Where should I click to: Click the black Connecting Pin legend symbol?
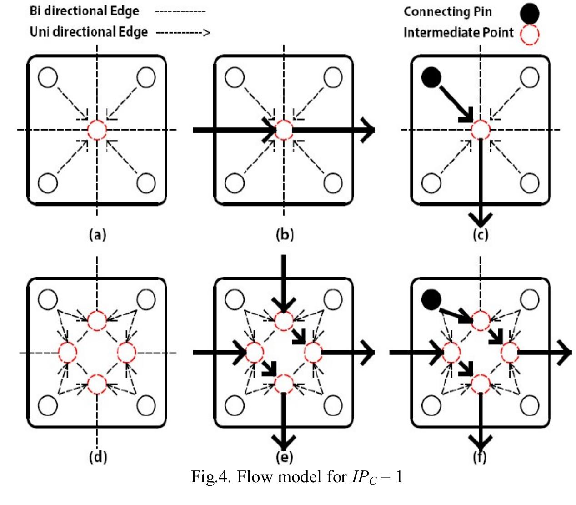(x=529, y=13)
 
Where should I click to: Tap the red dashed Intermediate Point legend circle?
(x=530, y=34)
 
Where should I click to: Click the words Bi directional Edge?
(x=84, y=11)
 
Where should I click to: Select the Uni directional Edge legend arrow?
(x=183, y=32)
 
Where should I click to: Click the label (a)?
(x=97, y=234)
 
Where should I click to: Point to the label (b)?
(x=285, y=234)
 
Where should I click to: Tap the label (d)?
(x=97, y=456)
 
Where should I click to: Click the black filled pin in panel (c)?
(x=431, y=77)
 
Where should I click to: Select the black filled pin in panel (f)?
(x=431, y=299)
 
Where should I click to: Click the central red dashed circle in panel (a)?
(x=97, y=130)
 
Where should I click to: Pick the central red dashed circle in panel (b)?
(x=284, y=130)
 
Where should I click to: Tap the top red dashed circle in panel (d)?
(x=97, y=321)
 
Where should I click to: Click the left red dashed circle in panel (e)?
(x=255, y=353)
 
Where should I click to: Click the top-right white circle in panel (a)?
(x=146, y=77)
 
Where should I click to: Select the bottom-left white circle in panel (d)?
(x=48, y=405)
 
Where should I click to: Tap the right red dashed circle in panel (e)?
(x=313, y=353)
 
